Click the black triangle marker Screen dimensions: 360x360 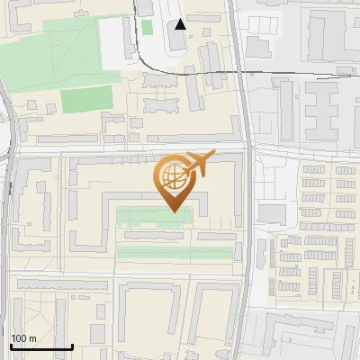(x=181, y=24)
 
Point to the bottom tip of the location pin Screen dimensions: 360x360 (x=172, y=211)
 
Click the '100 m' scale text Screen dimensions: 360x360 (x=23, y=338)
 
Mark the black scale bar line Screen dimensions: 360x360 (x=41, y=346)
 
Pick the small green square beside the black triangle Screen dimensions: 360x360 (x=147, y=27)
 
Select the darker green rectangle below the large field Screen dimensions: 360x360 (x=87, y=98)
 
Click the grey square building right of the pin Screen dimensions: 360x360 (x=272, y=213)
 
